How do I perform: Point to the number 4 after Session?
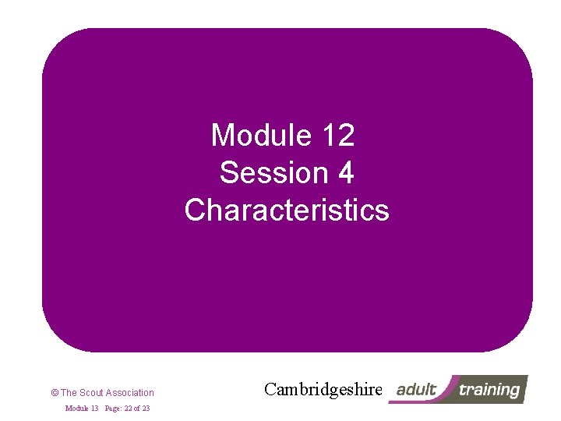pyautogui.click(x=346, y=173)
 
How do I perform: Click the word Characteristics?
pyautogui.click(x=287, y=210)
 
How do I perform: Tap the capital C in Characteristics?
pyautogui.click(x=195, y=210)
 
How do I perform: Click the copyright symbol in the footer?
pyautogui.click(x=54, y=393)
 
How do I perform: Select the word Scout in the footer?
pyautogui.click(x=92, y=393)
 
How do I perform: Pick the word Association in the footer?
pyautogui.click(x=130, y=393)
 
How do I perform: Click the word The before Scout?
pyautogui.click(x=69, y=393)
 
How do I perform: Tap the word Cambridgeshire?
pyautogui.click(x=323, y=389)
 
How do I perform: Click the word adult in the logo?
pyautogui.click(x=416, y=389)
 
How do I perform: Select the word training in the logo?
pyautogui.click(x=489, y=389)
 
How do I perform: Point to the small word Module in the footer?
pyautogui.click(x=76, y=409)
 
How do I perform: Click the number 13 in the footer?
pyautogui.click(x=93, y=409)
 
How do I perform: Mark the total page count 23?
pyautogui.click(x=146, y=409)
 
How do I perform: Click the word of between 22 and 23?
pyautogui.click(x=137, y=409)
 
